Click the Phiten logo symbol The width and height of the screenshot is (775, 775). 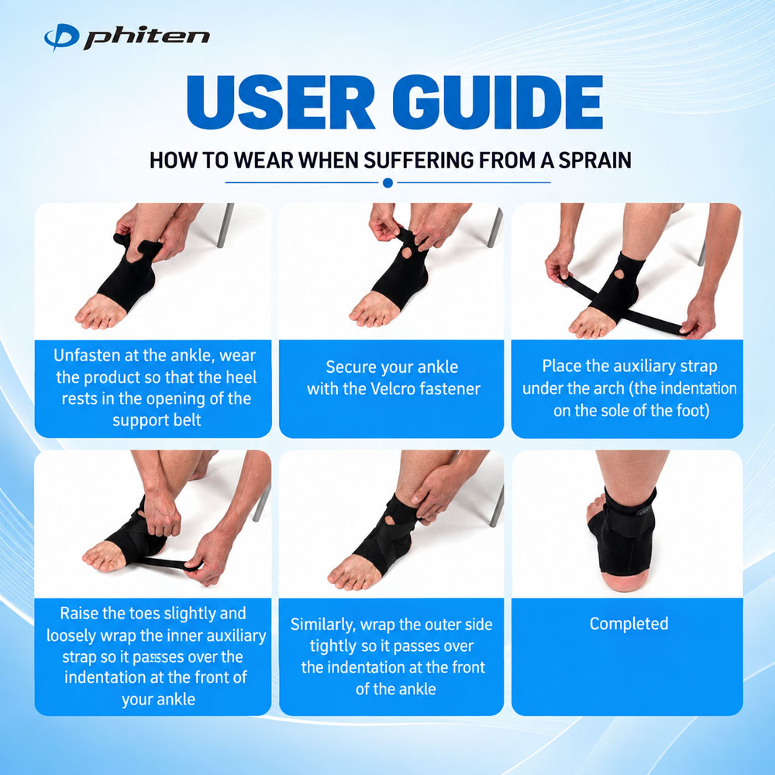pos(61,37)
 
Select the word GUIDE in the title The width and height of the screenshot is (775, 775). pos(498,102)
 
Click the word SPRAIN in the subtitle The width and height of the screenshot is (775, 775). pos(594,160)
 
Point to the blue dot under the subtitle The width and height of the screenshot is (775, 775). pos(388,183)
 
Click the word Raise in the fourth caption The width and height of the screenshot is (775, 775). pos(77,613)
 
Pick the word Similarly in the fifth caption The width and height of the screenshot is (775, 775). pos(322,625)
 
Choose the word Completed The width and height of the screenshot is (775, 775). pos(629,624)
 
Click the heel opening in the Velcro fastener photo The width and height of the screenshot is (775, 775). pos(406,256)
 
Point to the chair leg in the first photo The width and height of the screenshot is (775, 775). pos(225,225)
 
